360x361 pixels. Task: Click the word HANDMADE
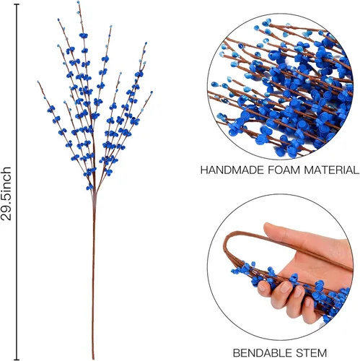pyautogui.click(x=232, y=170)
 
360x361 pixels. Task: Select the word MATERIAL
pyautogui.click(x=332, y=170)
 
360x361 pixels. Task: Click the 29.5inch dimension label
pyautogui.click(x=6, y=193)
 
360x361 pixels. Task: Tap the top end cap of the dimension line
pyautogui.click(x=17, y=4)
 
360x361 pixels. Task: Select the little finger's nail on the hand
pyautogui.click(x=308, y=303)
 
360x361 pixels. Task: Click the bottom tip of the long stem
pyautogui.click(x=93, y=359)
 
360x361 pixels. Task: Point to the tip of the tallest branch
pyautogui.click(x=78, y=2)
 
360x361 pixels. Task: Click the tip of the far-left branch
pyautogui.click(x=38, y=82)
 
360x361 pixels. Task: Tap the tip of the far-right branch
pyautogui.click(x=152, y=92)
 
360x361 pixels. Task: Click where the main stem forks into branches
pyautogui.click(x=95, y=193)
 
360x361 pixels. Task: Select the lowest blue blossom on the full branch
pyautogui.click(x=89, y=187)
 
